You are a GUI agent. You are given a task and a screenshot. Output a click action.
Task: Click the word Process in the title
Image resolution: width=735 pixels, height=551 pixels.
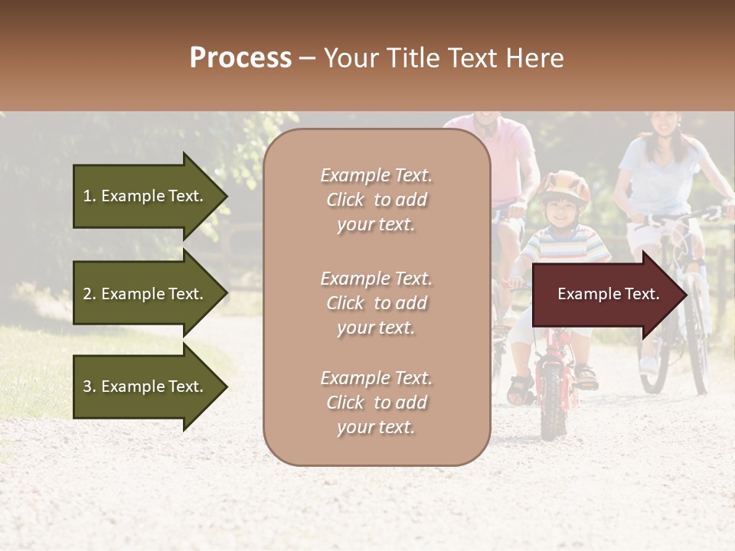240,58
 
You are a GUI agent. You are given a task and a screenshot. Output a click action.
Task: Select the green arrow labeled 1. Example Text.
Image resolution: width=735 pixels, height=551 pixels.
145,196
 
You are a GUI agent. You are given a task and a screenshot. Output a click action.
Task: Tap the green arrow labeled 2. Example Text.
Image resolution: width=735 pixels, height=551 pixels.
145,294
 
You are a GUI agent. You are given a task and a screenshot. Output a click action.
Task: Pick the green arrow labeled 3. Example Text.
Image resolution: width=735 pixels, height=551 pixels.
145,386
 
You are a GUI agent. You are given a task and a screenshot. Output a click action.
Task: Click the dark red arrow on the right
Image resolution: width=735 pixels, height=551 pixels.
609,295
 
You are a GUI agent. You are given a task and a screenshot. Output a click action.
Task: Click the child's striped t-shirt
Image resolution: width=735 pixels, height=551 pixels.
567,245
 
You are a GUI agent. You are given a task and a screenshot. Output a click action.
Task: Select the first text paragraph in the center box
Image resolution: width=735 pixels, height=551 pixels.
376,200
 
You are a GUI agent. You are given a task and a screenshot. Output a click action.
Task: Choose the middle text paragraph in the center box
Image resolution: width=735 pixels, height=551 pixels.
376,303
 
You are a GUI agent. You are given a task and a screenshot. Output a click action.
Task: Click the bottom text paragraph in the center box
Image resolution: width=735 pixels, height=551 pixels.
376,403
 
